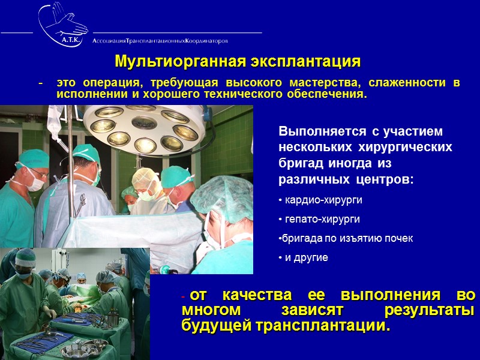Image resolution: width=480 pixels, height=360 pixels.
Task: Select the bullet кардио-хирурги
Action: click(x=322, y=200)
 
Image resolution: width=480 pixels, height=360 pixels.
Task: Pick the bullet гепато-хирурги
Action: click(x=320, y=219)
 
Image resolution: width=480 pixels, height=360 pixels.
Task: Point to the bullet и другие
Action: click(x=305, y=257)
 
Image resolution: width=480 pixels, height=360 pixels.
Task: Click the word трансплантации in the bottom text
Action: click(x=320, y=327)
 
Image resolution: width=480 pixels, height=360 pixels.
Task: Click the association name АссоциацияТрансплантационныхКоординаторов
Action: click(x=160, y=41)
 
